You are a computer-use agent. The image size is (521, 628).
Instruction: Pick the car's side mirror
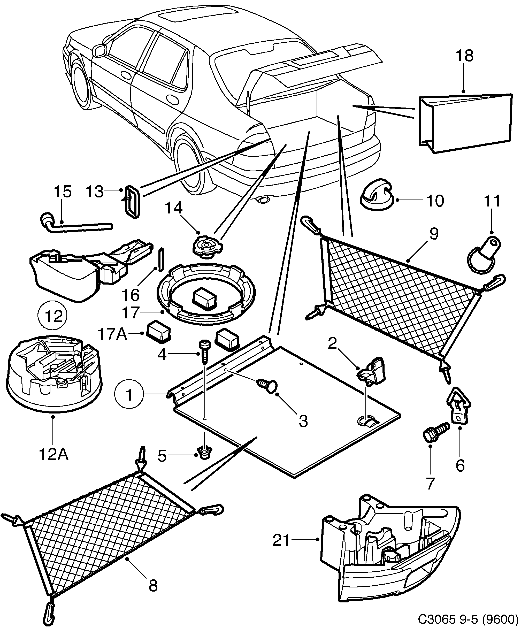[100, 50]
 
